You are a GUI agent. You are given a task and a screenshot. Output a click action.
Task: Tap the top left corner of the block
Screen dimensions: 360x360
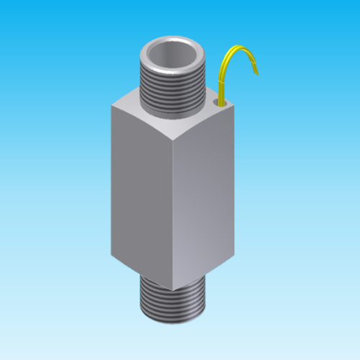112,105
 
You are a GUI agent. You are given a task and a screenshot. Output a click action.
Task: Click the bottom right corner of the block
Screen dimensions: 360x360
235,250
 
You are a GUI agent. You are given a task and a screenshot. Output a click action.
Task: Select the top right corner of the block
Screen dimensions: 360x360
234,102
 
